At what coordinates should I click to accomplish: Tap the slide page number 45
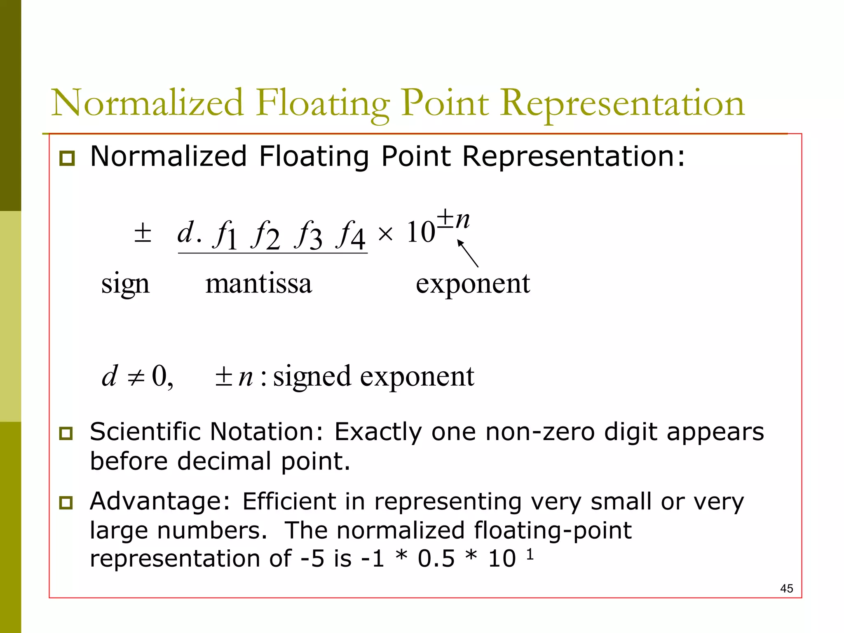(x=786, y=588)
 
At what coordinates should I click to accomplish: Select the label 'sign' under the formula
(x=125, y=284)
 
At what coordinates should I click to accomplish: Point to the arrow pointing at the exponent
(x=468, y=253)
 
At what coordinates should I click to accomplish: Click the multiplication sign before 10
(x=385, y=234)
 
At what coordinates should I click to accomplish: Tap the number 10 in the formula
(x=421, y=232)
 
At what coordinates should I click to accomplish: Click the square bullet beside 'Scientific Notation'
(x=66, y=434)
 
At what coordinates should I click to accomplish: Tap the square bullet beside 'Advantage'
(x=66, y=503)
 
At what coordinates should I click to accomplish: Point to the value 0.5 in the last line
(x=436, y=559)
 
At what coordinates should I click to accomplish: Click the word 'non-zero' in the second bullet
(x=540, y=432)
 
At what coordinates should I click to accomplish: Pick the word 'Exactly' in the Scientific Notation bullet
(x=378, y=432)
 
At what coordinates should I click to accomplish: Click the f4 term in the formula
(x=351, y=235)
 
